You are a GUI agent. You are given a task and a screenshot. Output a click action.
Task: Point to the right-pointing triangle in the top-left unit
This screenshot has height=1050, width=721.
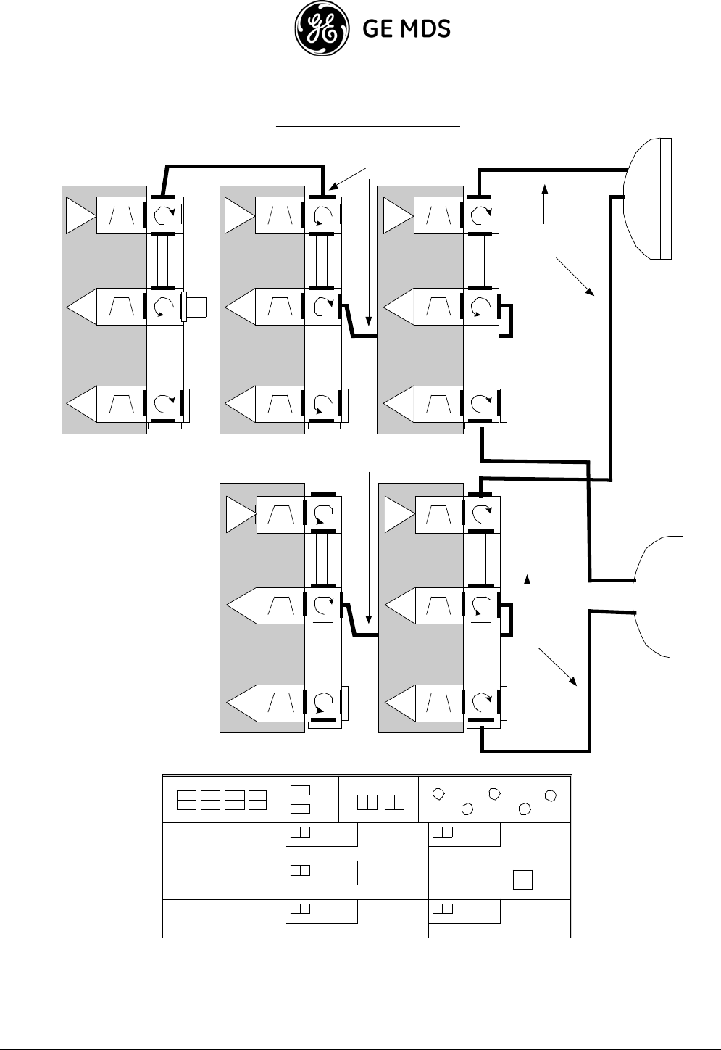click(x=80, y=215)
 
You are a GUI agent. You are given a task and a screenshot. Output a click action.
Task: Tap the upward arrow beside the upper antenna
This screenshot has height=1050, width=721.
click(x=544, y=204)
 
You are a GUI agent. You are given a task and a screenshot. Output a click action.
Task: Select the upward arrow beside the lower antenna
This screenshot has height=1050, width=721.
click(x=528, y=593)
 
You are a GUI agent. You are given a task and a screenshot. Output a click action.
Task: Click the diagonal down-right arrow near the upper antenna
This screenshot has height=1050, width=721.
click(x=576, y=276)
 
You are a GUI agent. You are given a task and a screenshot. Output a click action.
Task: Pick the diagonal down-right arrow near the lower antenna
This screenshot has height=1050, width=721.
click(x=558, y=668)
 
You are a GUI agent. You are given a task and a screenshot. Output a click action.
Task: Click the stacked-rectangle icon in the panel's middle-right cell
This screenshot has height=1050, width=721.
click(x=522, y=880)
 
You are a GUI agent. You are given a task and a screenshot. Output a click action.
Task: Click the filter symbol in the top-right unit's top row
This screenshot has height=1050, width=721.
click(x=438, y=215)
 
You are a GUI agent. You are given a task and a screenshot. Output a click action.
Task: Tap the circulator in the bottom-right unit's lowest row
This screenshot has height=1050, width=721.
click(x=481, y=702)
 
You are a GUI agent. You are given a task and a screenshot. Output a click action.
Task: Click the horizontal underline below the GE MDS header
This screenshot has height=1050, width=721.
click(x=369, y=126)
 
